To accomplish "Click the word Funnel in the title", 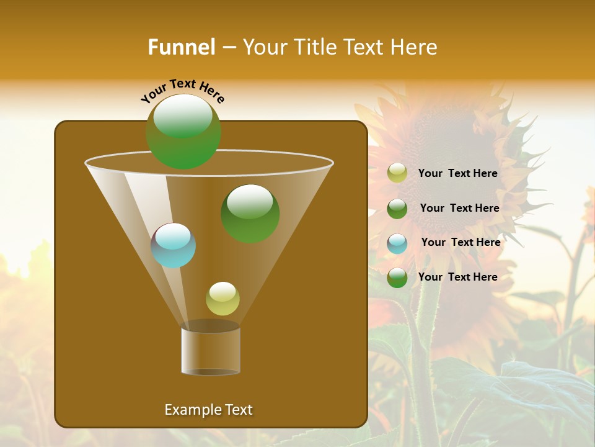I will (181, 47).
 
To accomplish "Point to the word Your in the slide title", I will (264, 47).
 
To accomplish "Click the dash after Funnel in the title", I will (228, 47).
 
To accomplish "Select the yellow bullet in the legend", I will (397, 173).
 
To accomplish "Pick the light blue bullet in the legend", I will (397, 243).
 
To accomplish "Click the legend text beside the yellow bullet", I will (457, 173).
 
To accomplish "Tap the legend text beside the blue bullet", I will (461, 242).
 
